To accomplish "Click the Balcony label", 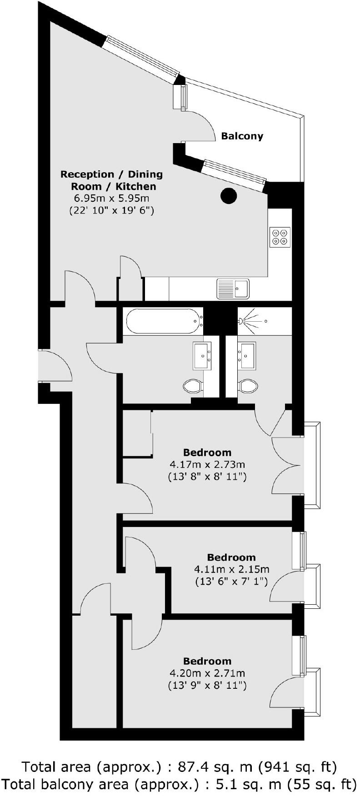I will tap(242, 136).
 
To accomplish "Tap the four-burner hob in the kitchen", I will tap(280, 237).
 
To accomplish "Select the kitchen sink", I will tap(233, 289).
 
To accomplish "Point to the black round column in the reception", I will tap(229, 196).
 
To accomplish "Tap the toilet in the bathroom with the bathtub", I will tap(193, 387).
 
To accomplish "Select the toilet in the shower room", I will tap(248, 387).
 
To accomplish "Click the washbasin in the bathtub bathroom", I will tap(202, 356).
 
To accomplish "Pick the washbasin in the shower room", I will tap(248, 356).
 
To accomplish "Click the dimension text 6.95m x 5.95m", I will tap(111, 199).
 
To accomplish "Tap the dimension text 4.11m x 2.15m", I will tap(232, 569).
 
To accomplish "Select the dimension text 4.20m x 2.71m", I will tap(207, 673).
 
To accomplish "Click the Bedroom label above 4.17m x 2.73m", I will tap(207, 453).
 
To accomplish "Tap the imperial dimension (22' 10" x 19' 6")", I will tap(111, 211).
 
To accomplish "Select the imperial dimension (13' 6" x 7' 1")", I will tap(232, 582).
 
